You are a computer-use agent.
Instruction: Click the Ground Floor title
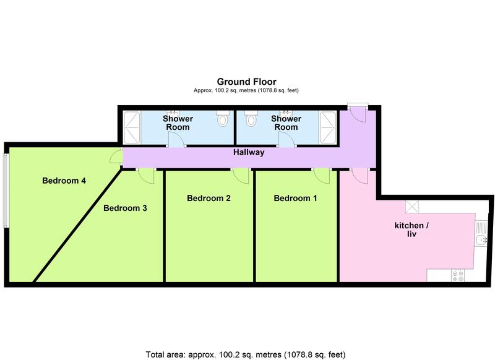pos(246,82)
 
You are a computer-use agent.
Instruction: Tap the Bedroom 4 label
pos(64,181)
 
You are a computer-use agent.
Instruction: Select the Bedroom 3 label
pos(125,208)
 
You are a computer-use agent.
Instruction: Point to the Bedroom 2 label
pos(209,199)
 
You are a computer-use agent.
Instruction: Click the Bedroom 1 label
pos(295,199)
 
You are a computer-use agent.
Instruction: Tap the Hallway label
pos(249,152)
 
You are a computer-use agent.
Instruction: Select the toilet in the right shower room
pos(250,117)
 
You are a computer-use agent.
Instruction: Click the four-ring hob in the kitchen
pos(458,275)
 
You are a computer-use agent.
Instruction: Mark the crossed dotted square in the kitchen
pos(412,207)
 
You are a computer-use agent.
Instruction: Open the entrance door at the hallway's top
pos(358,114)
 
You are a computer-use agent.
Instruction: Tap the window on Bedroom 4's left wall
pos(6,190)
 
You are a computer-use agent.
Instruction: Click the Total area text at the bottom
pos(247,354)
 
